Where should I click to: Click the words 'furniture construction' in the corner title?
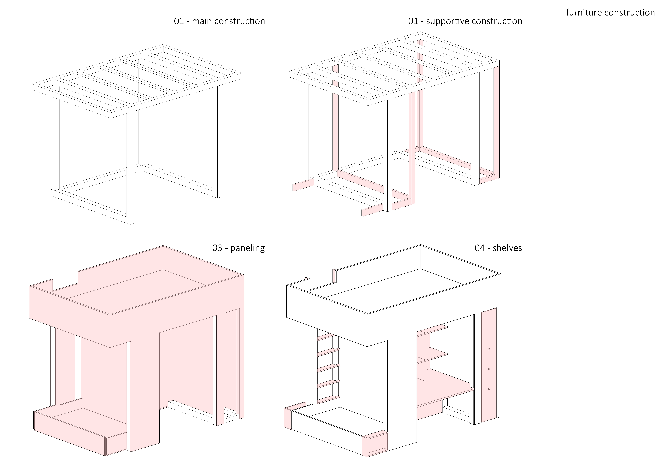tap(610, 12)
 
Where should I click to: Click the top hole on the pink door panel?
tap(489, 349)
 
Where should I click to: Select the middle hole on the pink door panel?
tap(489, 369)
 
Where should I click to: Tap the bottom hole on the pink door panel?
tap(489, 389)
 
